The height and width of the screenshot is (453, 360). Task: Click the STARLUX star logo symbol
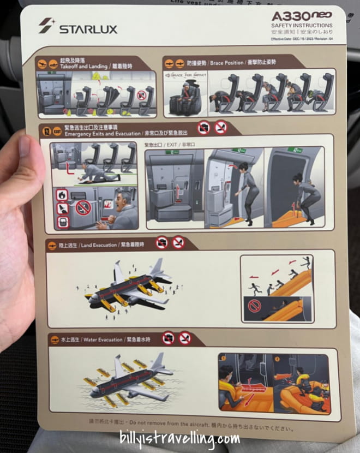[46, 25]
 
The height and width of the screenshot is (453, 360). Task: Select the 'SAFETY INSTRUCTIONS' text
[302, 26]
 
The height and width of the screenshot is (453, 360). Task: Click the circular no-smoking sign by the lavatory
[83, 208]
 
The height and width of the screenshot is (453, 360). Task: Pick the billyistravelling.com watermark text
[180, 437]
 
